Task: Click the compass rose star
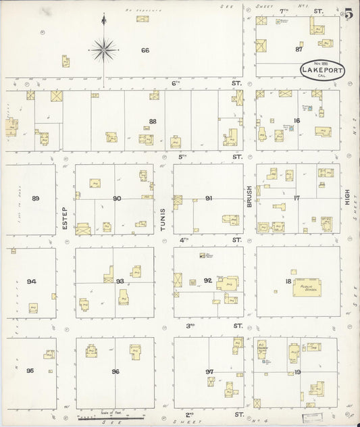[103, 48]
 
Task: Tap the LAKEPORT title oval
[321, 72]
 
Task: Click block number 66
[145, 51]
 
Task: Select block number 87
[299, 49]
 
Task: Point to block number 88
[153, 122]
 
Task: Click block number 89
[36, 198]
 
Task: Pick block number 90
[117, 198]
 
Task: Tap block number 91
[209, 198]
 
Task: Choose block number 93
[120, 281]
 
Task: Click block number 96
[116, 370]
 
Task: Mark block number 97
[210, 371]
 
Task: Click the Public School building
[305, 288]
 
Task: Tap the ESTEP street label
[65, 217]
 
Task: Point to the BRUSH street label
[249, 196]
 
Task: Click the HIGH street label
[348, 197]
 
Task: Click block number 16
[297, 121]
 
